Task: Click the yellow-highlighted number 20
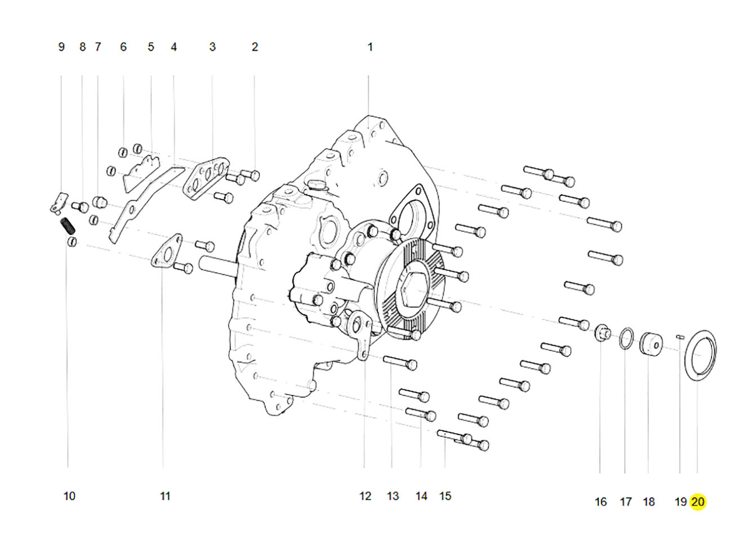pos(697,502)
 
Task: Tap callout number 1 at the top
pos(370,47)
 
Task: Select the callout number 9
pos(61,47)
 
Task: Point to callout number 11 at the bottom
pos(165,496)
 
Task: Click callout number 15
pos(446,496)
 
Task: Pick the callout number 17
pos(625,502)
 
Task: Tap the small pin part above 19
pos(680,337)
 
